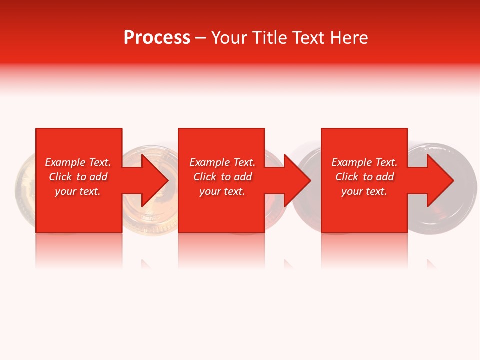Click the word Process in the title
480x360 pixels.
(157, 38)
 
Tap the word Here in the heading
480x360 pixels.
(349, 38)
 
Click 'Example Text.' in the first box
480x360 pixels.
(78, 162)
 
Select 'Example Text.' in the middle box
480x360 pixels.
(222, 162)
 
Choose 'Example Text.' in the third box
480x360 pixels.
(364, 162)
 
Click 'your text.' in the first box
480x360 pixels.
(78, 191)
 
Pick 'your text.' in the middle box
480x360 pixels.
(222, 191)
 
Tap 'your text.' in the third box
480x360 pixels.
(364, 191)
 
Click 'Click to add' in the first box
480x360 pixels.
(78, 177)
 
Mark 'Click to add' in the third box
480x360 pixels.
(364, 177)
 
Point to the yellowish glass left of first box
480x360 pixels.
(25, 190)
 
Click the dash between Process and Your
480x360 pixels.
(200, 38)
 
